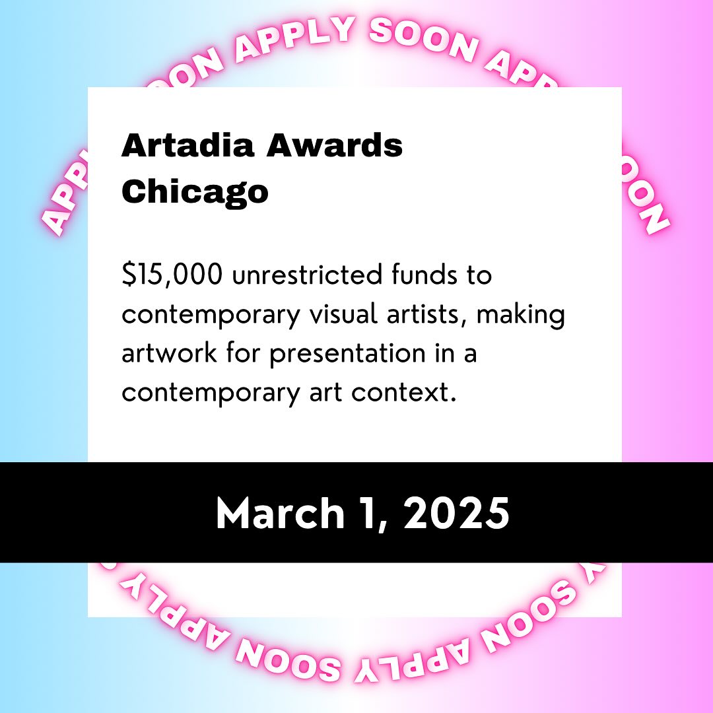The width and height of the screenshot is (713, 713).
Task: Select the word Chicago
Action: pos(195,192)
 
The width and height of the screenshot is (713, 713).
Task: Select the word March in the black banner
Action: pos(280,513)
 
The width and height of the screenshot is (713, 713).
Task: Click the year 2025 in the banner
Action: pos(456,513)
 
